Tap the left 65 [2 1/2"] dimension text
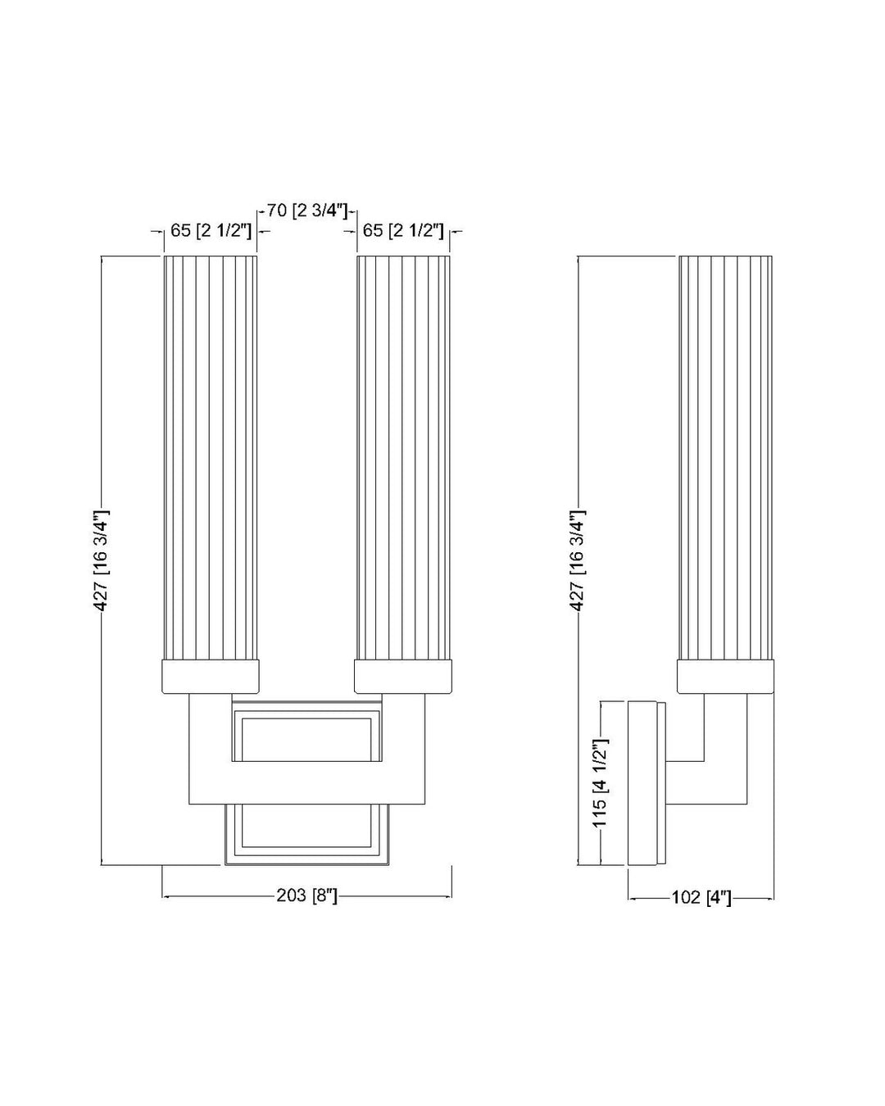coord(209,231)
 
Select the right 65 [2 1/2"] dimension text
coord(403,231)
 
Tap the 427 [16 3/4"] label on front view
coord(101,560)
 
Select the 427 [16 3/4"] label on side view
coord(578,560)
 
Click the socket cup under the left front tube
coord(211,677)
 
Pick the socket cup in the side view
coord(725,677)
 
